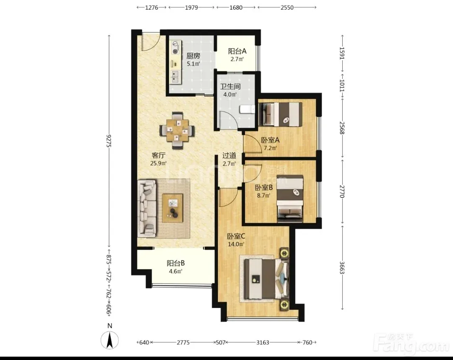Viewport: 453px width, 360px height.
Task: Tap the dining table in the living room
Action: click(177, 130)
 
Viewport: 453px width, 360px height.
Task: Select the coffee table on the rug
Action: click(172, 208)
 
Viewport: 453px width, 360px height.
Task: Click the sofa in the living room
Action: click(147, 208)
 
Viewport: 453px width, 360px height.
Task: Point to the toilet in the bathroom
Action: click(247, 110)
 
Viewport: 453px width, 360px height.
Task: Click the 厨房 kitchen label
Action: click(193, 56)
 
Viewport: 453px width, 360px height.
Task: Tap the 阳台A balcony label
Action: click(237, 52)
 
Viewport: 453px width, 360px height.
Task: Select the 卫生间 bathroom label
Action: click(230, 86)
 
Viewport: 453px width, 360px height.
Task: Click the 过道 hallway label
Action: click(229, 155)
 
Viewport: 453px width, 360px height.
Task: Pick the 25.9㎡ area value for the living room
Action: click(158, 163)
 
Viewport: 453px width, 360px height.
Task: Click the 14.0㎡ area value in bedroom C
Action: click(236, 244)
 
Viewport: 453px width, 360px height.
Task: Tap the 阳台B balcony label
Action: click(176, 263)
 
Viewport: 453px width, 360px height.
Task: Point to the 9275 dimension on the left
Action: click(109, 140)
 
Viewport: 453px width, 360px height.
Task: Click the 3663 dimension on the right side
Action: click(342, 268)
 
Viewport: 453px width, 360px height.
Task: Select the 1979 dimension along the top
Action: click(191, 8)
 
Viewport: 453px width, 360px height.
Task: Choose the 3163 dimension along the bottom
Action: click(263, 342)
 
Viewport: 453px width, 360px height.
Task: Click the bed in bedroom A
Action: click(281, 114)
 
